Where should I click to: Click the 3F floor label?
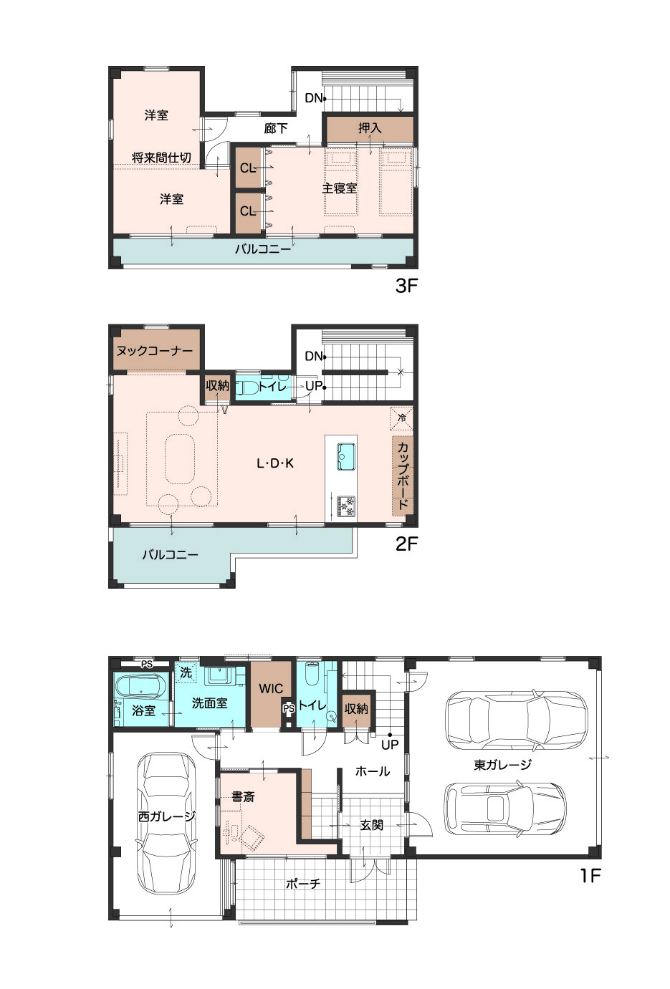pos(406,286)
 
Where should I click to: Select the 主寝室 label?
pos(339,188)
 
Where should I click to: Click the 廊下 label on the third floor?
pos(276,128)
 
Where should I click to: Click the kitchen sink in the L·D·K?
pos(346,456)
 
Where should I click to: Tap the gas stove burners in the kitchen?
pos(346,506)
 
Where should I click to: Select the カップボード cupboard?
pos(402,476)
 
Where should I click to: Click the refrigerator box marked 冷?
pos(401,418)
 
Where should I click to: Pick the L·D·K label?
pos(275,463)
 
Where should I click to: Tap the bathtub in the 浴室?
pos(140,688)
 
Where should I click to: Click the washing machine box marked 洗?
pos(186,672)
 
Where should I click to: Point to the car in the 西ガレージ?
pos(166,824)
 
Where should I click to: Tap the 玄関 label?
pos(371,825)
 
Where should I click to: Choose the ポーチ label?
pos(303,884)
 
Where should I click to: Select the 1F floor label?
pos(590,875)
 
